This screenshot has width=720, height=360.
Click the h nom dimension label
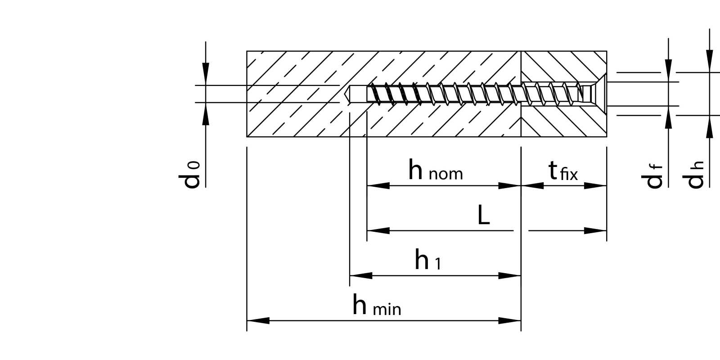[435, 171]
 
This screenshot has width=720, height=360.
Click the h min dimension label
[377, 306]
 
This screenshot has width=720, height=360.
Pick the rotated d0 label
[190, 175]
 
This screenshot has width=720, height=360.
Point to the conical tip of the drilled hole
[347, 94]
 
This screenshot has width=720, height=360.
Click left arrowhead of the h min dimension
[257, 321]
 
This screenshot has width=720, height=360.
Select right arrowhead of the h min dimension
[510, 321]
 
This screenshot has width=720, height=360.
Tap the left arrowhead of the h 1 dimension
[360, 275]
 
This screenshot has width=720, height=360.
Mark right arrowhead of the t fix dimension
[596, 185]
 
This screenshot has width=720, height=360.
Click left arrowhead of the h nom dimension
[378, 185]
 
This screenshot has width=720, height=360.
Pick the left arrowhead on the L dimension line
[378, 231]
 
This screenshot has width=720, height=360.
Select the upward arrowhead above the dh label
[710, 126]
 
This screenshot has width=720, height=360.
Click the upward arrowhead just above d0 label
[206, 114]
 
